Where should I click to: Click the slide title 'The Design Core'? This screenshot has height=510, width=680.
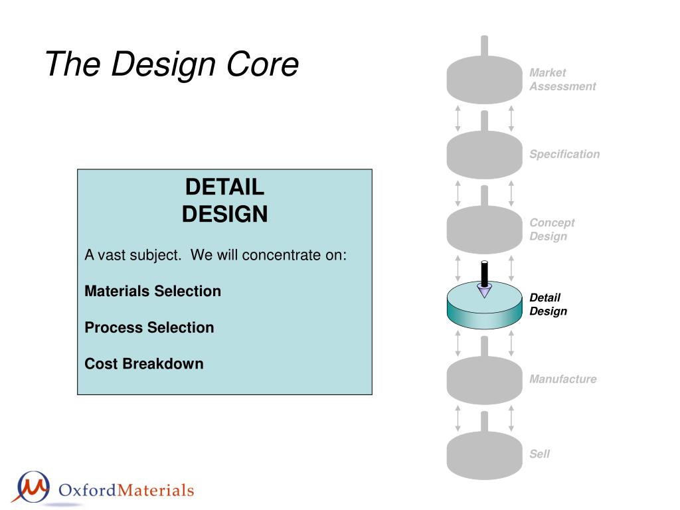(171, 64)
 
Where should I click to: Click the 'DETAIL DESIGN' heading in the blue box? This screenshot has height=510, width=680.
(224, 201)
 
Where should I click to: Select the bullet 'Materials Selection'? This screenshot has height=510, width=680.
(153, 291)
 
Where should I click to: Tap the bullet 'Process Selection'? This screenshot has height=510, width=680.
(149, 327)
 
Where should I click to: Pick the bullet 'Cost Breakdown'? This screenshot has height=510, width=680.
(144, 363)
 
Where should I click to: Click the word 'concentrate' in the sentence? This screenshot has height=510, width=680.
(281, 255)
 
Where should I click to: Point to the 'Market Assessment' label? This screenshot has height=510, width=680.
(562, 80)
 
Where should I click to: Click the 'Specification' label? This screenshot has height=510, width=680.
(564, 154)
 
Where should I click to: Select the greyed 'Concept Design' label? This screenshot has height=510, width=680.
(552, 229)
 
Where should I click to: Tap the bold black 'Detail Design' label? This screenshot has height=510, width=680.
(548, 304)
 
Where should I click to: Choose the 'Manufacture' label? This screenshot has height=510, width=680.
(563, 379)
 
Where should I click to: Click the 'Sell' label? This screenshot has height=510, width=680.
(539, 454)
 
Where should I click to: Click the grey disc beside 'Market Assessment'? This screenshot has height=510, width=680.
(484, 80)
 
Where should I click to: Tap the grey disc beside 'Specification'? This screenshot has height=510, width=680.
(484, 155)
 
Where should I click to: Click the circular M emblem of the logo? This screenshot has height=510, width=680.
(33, 487)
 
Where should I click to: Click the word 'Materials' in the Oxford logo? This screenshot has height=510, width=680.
(155, 490)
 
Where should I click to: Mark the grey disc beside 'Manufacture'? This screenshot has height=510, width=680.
(484, 381)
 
